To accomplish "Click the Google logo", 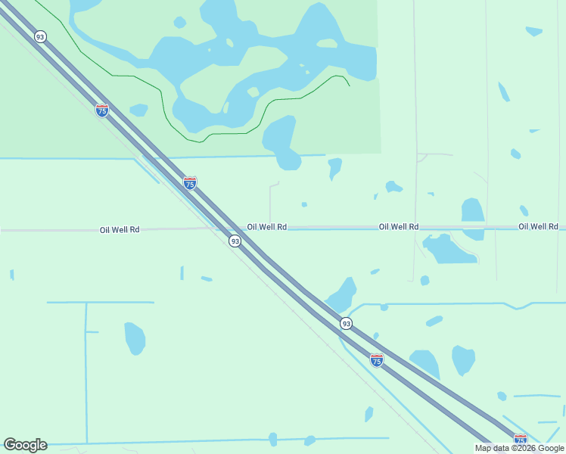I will point(25,444).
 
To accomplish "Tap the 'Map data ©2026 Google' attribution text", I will point(520,448).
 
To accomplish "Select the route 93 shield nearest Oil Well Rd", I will point(235,241).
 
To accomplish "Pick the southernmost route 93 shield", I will point(346,323).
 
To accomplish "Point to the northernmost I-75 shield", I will point(102,110).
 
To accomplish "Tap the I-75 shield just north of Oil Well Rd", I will point(190,183).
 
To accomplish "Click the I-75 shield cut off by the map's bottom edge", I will point(520,440).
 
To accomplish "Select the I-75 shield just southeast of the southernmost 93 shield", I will point(377,360).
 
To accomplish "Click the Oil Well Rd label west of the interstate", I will point(120,229).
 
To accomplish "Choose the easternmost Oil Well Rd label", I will point(538,226).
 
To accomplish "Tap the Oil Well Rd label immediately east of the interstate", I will point(266,226).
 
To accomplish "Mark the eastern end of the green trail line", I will point(349,86).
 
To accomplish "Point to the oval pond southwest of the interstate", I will point(135,337).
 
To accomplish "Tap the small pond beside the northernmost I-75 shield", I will point(138,110).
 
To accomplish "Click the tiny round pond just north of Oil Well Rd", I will point(304,204).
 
